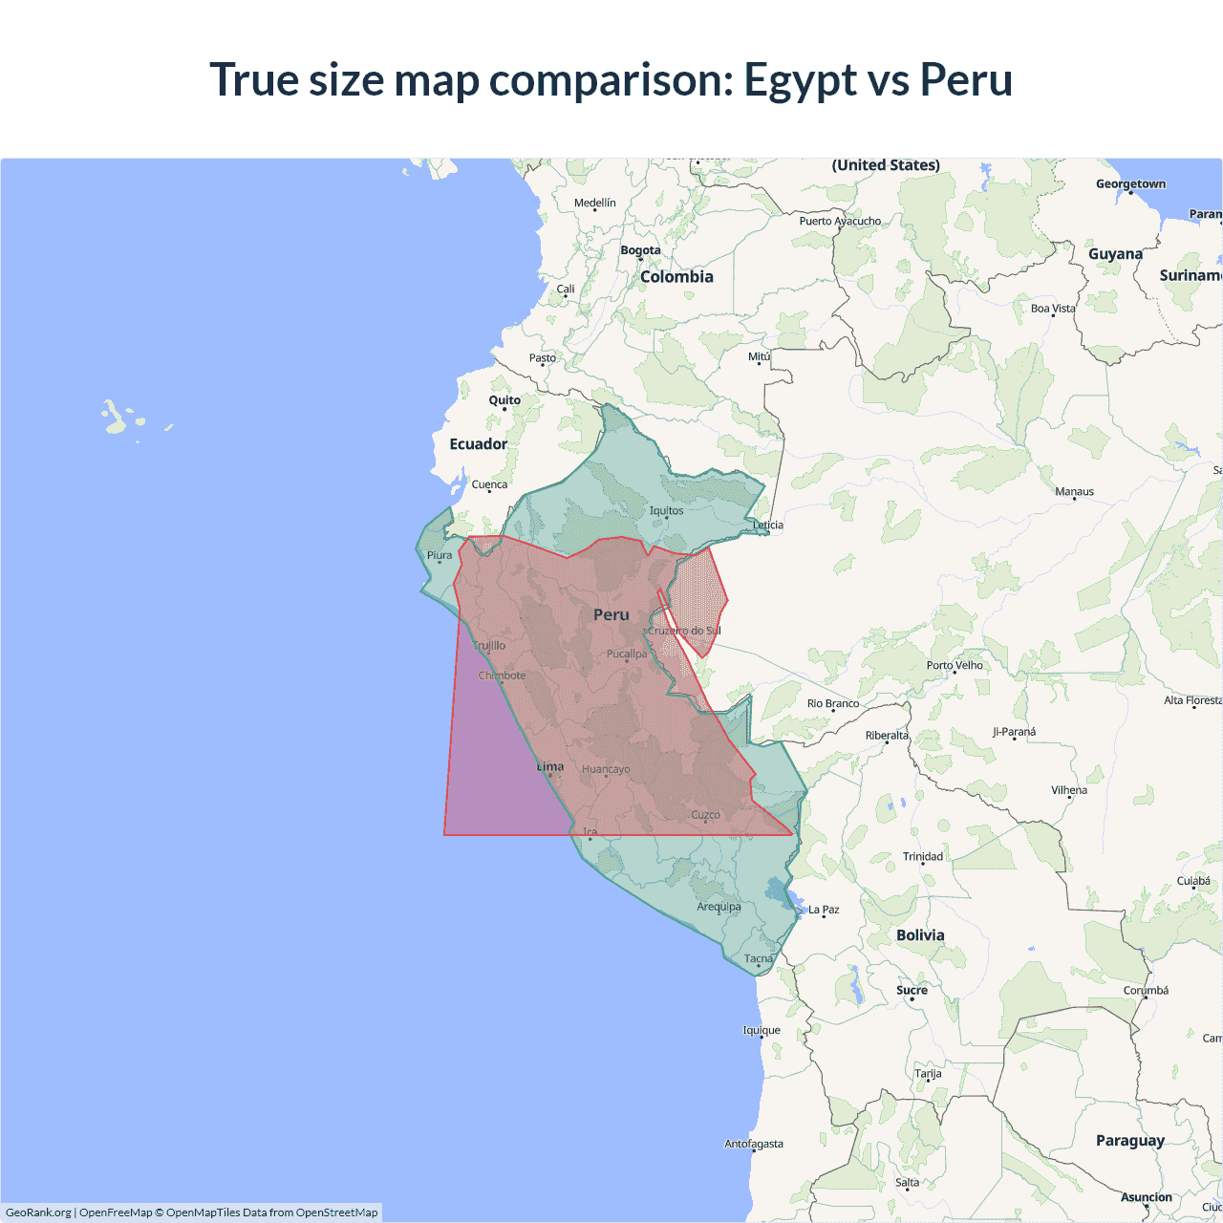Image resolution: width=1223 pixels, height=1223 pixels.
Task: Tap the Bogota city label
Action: coord(640,250)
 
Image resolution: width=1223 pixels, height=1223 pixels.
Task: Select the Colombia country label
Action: coord(676,277)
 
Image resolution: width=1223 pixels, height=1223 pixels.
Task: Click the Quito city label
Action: coord(504,400)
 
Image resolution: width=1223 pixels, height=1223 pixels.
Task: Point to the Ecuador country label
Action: coord(479,444)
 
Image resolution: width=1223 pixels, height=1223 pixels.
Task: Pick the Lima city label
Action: coord(550,766)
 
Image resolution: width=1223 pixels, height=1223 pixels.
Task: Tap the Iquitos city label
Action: coord(666,510)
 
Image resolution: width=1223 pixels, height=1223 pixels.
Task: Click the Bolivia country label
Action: coord(920,935)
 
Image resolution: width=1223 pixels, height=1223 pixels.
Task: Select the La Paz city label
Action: coord(824,910)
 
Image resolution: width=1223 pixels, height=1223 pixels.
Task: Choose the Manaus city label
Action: coord(1074,492)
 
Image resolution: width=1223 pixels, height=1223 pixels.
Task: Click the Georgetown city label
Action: coord(1130,184)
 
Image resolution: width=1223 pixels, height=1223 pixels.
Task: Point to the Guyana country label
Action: coord(1115,254)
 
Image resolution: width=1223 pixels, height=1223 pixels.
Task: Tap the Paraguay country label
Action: coord(1130,1141)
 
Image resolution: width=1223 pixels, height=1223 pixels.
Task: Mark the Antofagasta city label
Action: coord(754,1144)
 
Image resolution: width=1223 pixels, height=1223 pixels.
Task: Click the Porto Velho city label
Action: coord(955,665)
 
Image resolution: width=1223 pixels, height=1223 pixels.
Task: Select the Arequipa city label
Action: coord(719,907)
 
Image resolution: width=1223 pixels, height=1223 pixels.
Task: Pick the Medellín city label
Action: coord(595,203)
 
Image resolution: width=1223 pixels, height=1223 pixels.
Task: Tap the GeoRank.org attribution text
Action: coord(38,1212)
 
